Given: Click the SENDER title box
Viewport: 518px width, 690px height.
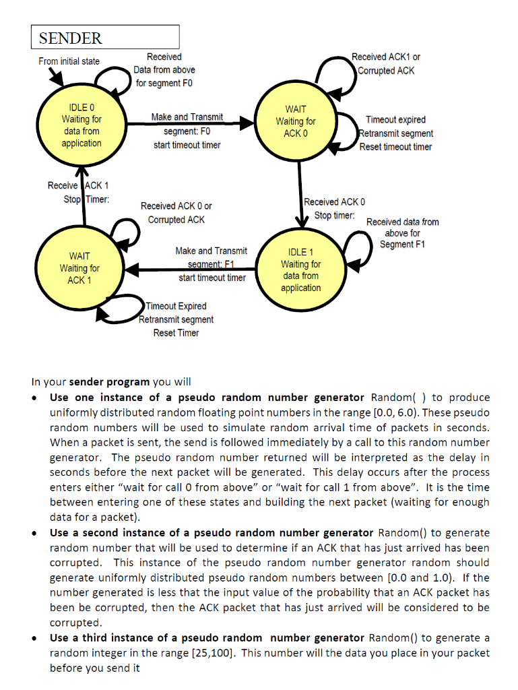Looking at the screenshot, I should (105, 37).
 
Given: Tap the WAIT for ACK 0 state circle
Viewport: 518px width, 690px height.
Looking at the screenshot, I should (295, 121).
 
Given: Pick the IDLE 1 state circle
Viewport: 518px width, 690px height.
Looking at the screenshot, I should (300, 269).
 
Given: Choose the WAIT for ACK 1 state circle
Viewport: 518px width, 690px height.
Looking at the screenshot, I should (79, 268).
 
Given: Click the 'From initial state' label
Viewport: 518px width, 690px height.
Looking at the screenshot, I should (69, 61).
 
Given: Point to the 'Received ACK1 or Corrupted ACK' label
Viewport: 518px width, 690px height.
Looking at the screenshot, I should (386, 64).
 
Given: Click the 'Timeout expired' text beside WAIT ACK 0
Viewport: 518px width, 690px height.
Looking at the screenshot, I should (395, 120).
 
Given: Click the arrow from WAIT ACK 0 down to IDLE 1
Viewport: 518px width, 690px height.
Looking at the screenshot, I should (298, 195).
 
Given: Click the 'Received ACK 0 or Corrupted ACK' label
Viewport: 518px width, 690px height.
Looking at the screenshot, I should (176, 213).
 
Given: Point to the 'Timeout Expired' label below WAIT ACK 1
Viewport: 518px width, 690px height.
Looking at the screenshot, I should (176, 307).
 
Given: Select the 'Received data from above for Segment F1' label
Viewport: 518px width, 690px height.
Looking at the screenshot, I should (402, 232).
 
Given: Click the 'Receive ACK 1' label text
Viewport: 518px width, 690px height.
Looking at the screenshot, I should (78, 185).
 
